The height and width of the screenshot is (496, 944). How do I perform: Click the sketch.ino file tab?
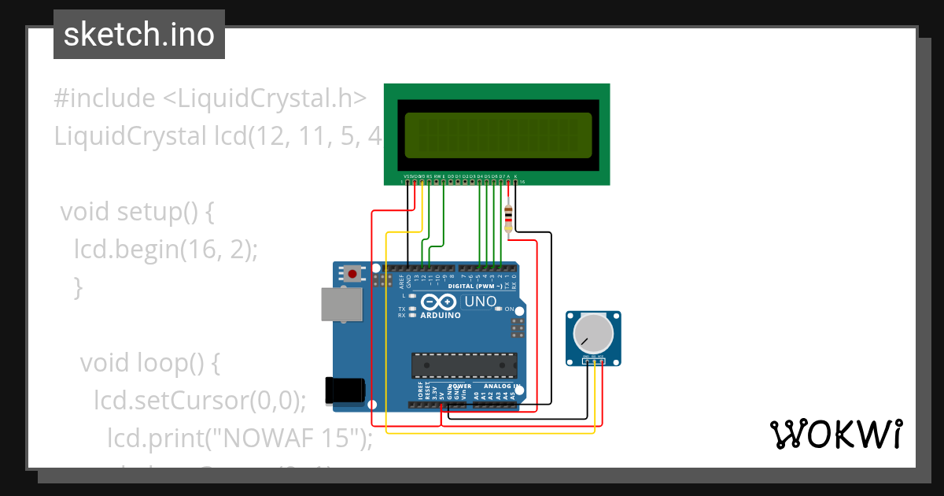pos(139,35)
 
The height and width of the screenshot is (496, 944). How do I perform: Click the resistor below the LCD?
pos(509,215)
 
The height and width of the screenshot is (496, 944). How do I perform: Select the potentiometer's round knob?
pos(592,334)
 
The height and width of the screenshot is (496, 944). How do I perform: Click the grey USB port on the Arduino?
pos(341,304)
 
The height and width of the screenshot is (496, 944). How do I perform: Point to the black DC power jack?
pos(345,391)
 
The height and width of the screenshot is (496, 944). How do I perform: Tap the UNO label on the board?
pos(480,302)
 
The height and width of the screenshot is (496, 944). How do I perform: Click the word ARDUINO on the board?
pos(440,315)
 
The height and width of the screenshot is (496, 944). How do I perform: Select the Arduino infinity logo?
pos(438,302)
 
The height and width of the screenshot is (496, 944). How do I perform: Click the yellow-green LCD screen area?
pos(497,135)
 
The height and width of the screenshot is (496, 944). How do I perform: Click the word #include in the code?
pos(105,98)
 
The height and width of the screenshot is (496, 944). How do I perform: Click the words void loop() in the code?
pos(149,363)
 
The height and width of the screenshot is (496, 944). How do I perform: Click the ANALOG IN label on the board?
pos(501,387)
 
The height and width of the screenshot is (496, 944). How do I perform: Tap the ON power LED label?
pos(509,309)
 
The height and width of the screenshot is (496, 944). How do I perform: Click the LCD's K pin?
pos(516,176)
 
